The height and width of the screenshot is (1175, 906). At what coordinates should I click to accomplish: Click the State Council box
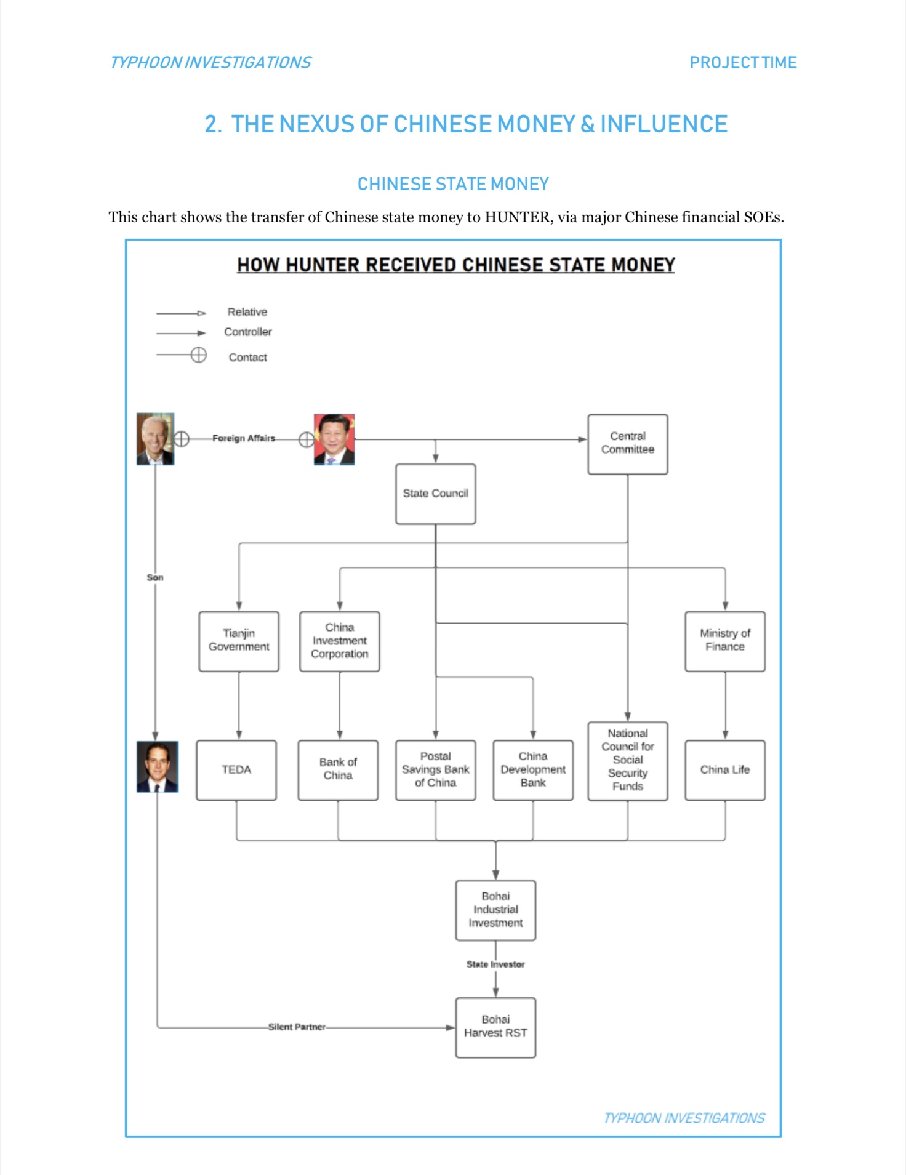click(436, 494)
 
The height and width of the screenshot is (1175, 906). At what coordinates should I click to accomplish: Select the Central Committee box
click(628, 444)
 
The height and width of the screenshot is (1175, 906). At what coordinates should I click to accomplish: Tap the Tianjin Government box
click(239, 641)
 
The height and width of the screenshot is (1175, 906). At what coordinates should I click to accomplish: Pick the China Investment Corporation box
click(340, 641)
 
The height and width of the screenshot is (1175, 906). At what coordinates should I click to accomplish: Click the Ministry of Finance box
click(725, 641)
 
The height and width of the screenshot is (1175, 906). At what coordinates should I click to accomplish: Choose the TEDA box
click(236, 770)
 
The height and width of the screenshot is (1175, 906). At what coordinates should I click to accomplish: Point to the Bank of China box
click(338, 770)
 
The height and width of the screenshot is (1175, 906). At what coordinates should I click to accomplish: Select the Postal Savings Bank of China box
click(436, 770)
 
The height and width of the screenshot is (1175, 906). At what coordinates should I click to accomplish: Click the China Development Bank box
click(533, 770)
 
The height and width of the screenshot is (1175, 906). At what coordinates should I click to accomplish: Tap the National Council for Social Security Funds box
click(628, 761)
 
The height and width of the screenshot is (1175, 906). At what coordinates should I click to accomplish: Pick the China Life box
click(725, 770)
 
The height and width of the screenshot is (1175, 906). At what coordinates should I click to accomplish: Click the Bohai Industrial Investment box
click(495, 910)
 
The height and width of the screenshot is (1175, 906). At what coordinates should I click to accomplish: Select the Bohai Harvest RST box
click(495, 1027)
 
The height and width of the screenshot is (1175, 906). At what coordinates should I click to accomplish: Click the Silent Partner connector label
click(297, 1027)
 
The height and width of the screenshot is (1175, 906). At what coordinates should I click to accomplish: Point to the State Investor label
click(495, 964)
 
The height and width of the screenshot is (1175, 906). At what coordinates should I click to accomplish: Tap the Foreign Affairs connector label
click(244, 438)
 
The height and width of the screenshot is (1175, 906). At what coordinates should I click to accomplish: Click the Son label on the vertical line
click(155, 577)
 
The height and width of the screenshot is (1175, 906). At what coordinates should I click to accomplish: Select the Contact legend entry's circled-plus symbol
click(198, 355)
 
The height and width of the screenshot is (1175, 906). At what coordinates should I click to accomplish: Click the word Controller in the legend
click(248, 332)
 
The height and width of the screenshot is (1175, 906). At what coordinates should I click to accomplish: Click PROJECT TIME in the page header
click(743, 63)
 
